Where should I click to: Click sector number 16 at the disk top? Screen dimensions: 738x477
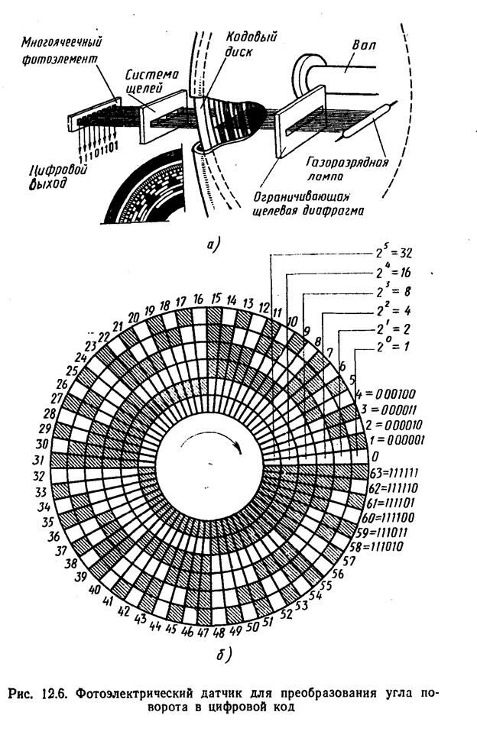click(199, 298)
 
